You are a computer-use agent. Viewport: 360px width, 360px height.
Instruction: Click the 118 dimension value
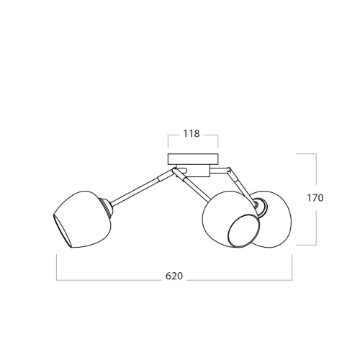pyautogui.click(x=192, y=134)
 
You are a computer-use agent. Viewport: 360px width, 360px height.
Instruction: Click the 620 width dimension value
pyautogui.click(x=174, y=276)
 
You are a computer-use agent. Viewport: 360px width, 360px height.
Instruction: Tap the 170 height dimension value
pyautogui.click(x=315, y=198)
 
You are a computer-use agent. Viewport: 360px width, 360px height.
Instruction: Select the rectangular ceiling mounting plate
pyautogui.click(x=193, y=159)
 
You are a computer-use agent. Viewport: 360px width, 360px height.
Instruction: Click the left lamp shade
pyautogui.click(x=81, y=219)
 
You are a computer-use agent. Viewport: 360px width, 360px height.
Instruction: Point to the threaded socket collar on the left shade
pyautogui.click(x=108, y=207)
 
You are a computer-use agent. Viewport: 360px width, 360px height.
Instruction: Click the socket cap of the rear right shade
pyautogui.click(x=261, y=207)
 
